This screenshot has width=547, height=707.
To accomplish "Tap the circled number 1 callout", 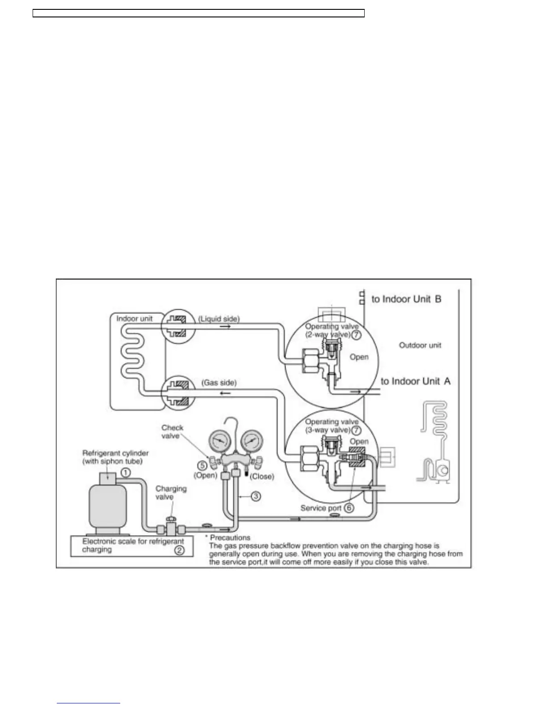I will [x=126, y=472].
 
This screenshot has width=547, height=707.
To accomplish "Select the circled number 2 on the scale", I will [x=179, y=550].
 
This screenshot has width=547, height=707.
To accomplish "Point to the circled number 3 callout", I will [x=256, y=496].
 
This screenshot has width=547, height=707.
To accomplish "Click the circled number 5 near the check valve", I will [x=202, y=464].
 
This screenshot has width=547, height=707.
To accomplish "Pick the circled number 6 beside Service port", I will [x=349, y=508].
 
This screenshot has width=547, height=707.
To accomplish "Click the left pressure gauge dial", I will [x=218, y=442].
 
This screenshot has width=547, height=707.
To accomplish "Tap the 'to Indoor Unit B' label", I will [x=406, y=299].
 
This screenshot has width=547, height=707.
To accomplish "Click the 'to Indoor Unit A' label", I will [x=416, y=381].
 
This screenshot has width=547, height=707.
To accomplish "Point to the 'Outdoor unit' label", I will [x=420, y=345].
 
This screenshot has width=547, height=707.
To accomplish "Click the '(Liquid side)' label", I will [x=219, y=319].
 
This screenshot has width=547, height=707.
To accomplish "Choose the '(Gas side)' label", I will [x=219, y=383].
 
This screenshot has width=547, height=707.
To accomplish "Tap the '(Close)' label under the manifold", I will [x=262, y=476].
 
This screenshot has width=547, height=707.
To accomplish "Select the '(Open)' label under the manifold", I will [x=205, y=475].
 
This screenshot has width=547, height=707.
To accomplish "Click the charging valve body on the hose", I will [x=170, y=529].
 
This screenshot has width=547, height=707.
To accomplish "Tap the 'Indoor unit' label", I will [x=135, y=318].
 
